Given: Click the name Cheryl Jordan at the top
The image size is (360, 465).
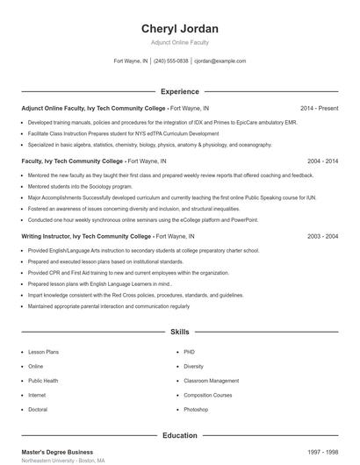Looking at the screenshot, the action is click(x=179, y=29).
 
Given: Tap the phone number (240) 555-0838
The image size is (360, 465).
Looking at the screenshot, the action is click(x=171, y=61).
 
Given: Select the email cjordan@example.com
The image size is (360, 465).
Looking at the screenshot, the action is click(x=220, y=61).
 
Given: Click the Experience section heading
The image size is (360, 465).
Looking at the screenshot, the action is click(x=179, y=91).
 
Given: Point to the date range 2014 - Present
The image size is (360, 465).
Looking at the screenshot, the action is click(x=319, y=108).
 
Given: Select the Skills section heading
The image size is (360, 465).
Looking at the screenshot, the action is click(x=179, y=333).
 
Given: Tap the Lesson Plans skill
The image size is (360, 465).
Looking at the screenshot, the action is click(x=43, y=352).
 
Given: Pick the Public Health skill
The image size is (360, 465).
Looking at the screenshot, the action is click(x=43, y=381).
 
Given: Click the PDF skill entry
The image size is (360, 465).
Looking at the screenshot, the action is click(x=188, y=352).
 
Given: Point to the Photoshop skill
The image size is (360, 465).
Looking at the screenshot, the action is click(x=196, y=410).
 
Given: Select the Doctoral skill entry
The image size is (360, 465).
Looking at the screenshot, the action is click(x=38, y=410).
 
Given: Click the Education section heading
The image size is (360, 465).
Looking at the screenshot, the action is click(x=179, y=435).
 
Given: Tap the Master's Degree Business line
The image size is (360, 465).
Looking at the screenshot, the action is click(x=57, y=451).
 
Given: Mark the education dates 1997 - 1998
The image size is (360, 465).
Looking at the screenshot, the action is click(x=323, y=451).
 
